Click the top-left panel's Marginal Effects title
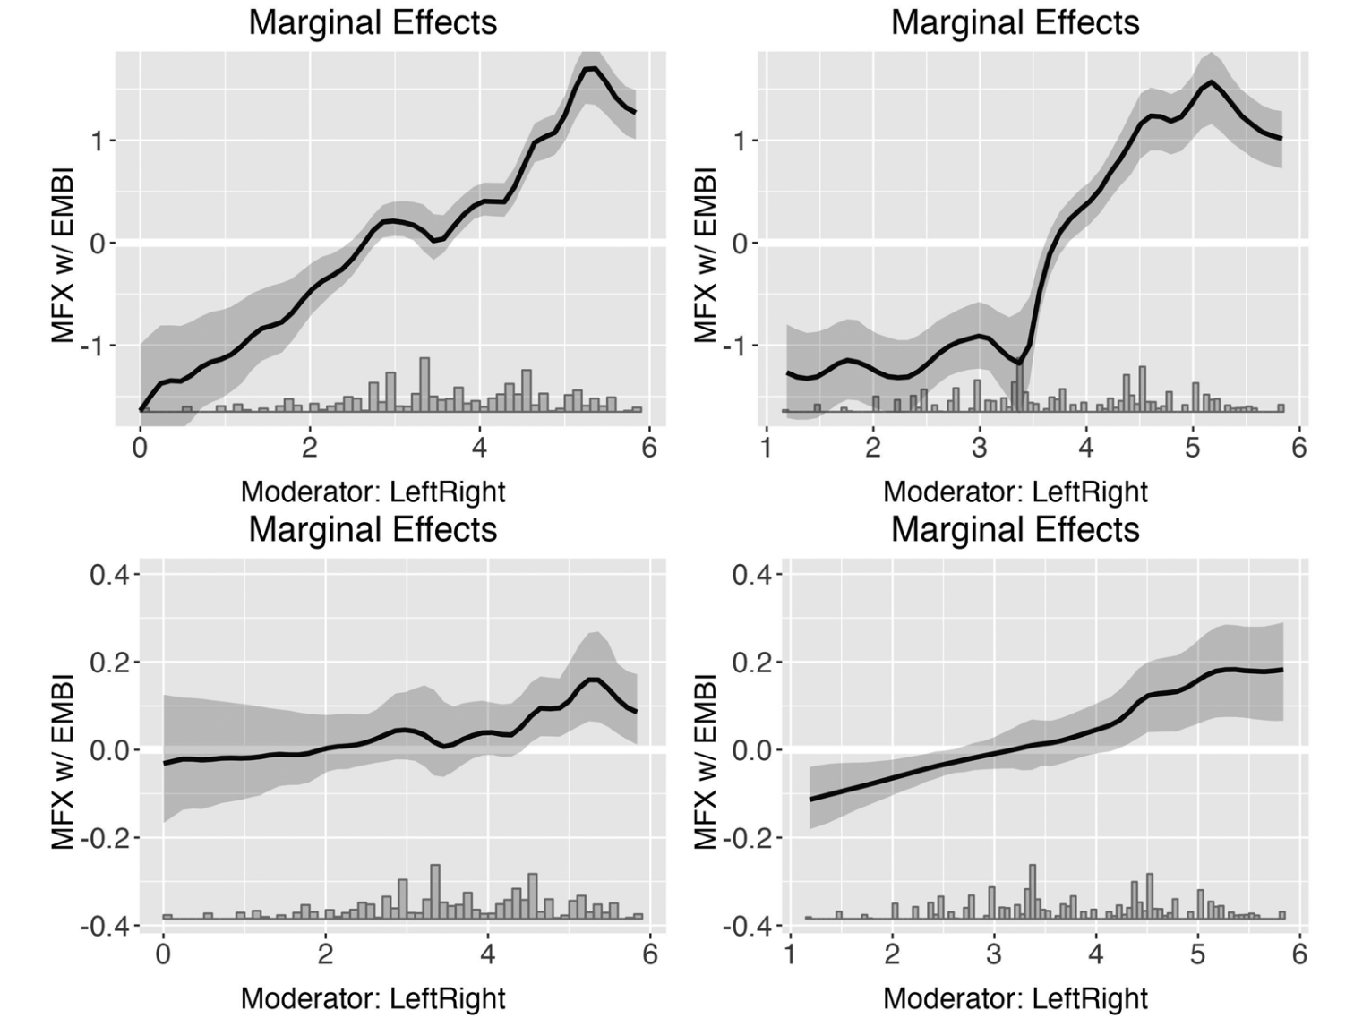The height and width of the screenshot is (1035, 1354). click(373, 22)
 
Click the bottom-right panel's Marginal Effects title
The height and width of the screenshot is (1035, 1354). click(1015, 529)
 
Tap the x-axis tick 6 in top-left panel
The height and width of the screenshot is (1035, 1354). click(649, 447)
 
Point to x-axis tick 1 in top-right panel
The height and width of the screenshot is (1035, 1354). click(767, 447)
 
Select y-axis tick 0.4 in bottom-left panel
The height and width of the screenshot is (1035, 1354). click(108, 574)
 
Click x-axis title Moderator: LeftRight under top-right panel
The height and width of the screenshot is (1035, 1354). click(1015, 492)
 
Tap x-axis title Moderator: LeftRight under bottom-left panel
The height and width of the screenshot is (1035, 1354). click(373, 998)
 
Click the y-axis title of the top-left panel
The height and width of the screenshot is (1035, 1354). click(62, 255)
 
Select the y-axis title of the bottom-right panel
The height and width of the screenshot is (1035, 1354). click(706, 761)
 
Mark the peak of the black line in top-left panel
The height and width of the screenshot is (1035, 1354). click(589, 68)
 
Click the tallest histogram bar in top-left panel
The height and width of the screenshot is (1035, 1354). click(424, 383)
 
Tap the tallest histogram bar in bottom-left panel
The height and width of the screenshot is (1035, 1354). click(435, 890)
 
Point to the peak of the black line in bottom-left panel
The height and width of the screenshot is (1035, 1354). click(593, 680)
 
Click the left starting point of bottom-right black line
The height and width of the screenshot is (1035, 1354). click(810, 799)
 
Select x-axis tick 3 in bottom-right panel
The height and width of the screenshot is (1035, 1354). click(994, 954)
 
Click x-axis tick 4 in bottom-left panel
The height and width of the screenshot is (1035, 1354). click(487, 954)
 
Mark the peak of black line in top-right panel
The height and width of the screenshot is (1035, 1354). click(1212, 82)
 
